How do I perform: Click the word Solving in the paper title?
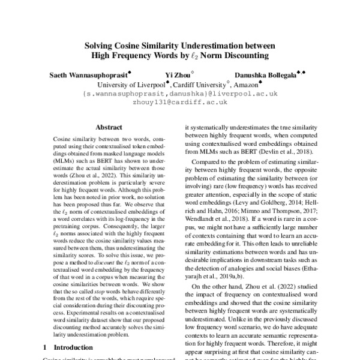click(99, 44)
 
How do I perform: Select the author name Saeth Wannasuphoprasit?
click(85, 76)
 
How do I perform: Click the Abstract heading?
click(109, 127)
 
